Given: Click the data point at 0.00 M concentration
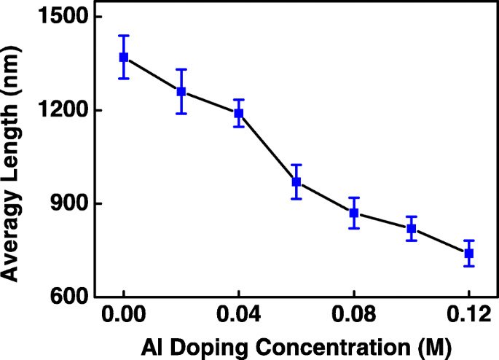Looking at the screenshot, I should point(124,57).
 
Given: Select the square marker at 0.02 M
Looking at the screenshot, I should point(181,92).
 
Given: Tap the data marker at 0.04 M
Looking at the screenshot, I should point(238,114).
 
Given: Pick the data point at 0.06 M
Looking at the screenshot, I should point(296,181).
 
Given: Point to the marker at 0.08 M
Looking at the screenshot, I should point(354,213).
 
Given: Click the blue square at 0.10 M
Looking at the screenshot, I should point(412,229).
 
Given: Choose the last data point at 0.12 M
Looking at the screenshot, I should point(469,253).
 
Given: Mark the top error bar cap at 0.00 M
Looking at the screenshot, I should point(124,35).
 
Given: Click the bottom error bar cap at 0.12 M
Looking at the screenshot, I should point(469,266).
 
